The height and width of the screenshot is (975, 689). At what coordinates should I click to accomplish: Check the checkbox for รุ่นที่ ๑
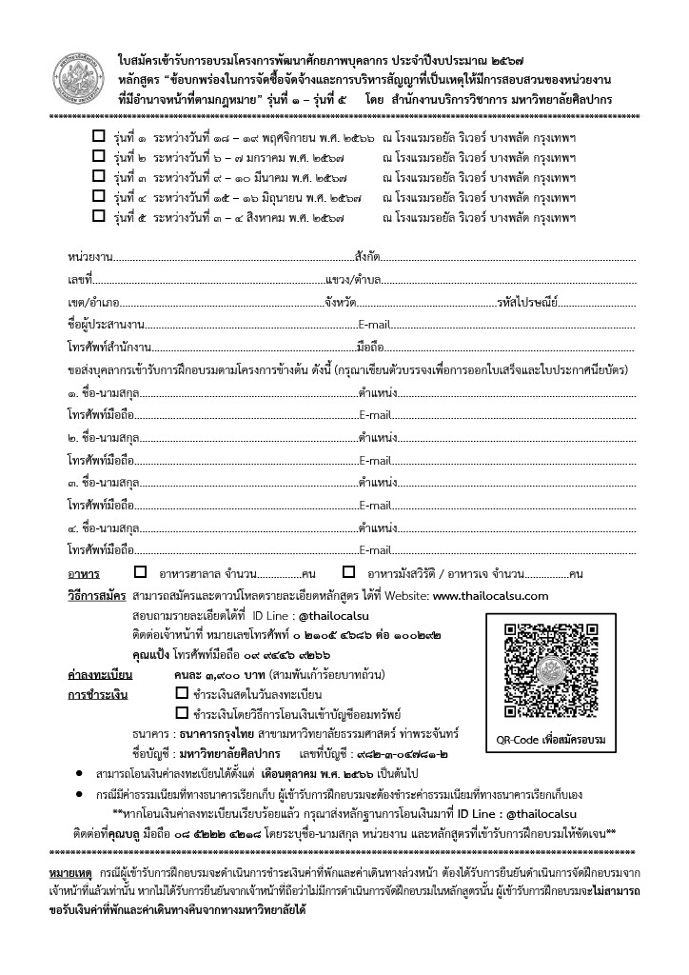98,137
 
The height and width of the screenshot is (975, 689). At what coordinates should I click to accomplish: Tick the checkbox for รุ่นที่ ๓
98,176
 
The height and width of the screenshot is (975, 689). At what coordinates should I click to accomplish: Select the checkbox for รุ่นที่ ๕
98,215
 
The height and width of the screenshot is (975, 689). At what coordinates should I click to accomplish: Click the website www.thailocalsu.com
490,595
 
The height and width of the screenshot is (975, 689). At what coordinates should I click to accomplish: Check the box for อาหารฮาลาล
141,573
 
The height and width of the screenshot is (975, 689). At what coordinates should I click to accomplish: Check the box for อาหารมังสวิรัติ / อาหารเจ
348,573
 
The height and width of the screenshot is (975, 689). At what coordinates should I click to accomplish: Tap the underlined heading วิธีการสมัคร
96,595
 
